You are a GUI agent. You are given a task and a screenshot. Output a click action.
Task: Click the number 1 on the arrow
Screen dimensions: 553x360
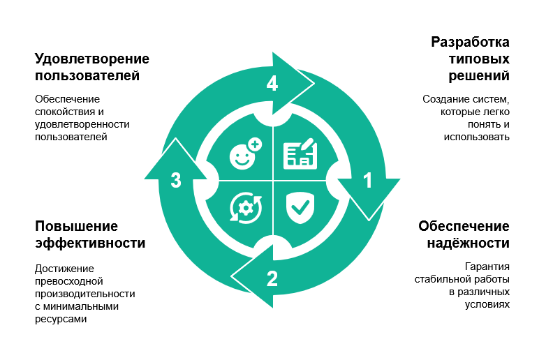[368, 181]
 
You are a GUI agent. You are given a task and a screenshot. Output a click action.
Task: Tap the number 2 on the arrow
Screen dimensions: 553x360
[272, 278]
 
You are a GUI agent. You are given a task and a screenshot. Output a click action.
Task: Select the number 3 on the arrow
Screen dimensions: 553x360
[176, 181]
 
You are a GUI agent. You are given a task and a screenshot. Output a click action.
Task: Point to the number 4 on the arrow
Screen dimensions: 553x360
[272, 84]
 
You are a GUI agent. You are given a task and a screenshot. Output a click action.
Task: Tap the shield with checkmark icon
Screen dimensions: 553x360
[300, 208]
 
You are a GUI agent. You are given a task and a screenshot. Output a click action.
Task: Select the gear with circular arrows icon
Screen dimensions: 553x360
[246, 208]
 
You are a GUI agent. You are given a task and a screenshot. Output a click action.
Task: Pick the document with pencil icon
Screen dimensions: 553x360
[300, 153]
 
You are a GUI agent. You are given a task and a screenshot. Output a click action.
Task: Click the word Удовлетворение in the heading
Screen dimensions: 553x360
[92, 59]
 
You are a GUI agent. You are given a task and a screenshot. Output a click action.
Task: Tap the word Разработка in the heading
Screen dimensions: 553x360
[470, 42]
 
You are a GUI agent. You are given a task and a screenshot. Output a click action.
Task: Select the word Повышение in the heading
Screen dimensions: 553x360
[77, 226]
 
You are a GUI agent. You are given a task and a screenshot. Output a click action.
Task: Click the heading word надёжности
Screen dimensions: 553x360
[469, 243]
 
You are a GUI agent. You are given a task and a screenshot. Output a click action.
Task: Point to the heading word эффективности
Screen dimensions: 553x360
[90, 243]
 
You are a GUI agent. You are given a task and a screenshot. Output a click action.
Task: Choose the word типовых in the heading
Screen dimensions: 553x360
[479, 59]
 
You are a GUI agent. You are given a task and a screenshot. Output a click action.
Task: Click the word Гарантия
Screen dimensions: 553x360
[487, 267]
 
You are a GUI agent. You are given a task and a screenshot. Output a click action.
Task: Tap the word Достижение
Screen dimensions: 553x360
[64, 269]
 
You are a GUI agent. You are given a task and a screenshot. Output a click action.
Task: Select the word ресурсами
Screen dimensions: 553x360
[61, 320]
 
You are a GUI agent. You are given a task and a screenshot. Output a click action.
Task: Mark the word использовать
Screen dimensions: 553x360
[476, 137]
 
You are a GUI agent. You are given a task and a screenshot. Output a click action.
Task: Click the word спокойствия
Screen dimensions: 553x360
[65, 112]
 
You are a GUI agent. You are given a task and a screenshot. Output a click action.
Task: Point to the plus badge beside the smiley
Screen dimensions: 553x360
[255, 144]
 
